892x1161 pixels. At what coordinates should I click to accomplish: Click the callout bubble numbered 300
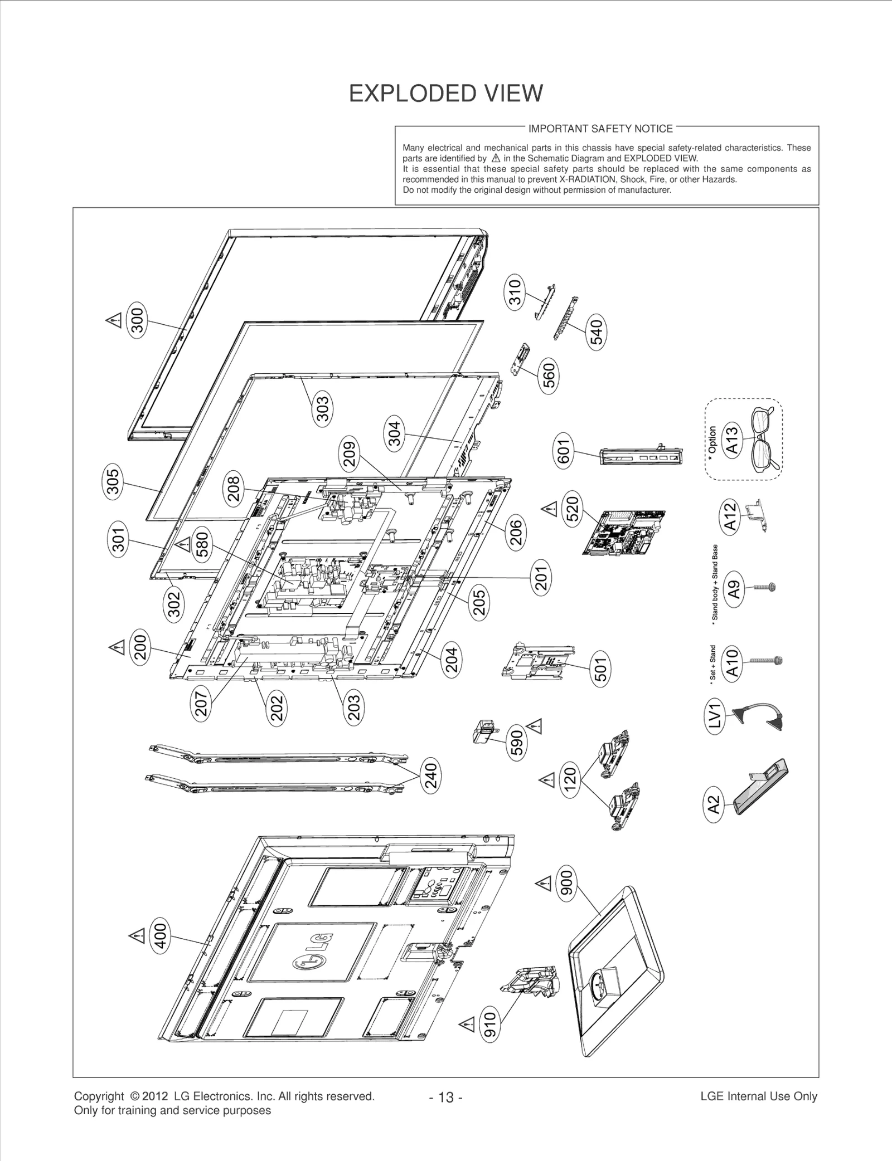click(x=137, y=320)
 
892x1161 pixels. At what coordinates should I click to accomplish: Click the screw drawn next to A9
click(x=763, y=587)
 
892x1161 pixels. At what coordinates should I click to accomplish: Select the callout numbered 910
click(x=489, y=1024)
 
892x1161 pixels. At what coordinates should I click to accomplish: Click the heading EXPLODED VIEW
click(x=445, y=94)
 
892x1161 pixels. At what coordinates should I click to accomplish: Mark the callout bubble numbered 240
click(x=432, y=776)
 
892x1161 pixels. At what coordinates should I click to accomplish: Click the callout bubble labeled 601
click(x=564, y=451)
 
